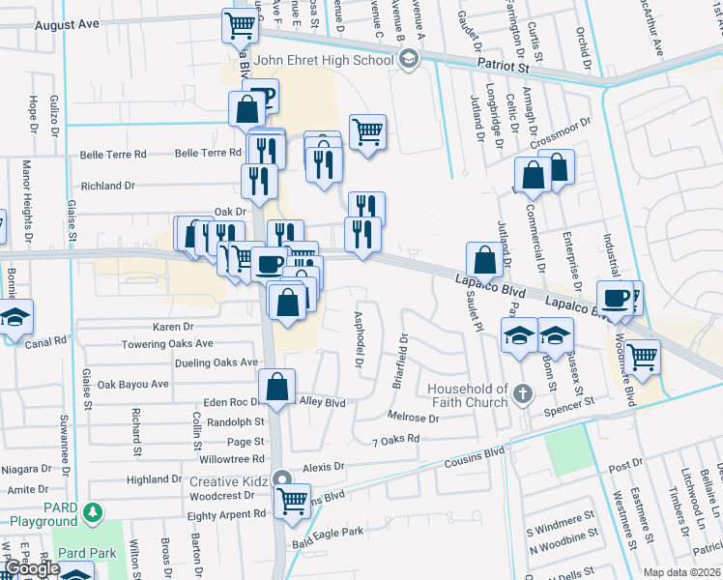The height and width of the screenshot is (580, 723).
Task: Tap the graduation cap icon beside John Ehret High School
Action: [x=408, y=60]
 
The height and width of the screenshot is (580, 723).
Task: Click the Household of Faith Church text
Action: [x=468, y=395]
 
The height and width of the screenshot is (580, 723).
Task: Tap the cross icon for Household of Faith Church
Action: [x=523, y=393]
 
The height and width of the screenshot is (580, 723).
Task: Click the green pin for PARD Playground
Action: [x=93, y=511]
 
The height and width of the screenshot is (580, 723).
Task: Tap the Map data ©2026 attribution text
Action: [x=681, y=572]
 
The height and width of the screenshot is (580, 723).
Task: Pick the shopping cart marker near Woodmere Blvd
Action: [x=642, y=356]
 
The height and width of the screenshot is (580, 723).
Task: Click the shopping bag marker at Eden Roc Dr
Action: [x=276, y=387]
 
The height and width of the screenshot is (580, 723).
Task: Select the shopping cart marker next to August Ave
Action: [x=239, y=24]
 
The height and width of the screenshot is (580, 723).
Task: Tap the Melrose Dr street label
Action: [x=413, y=419]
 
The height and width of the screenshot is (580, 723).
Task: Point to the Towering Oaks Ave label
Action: [x=167, y=344]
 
